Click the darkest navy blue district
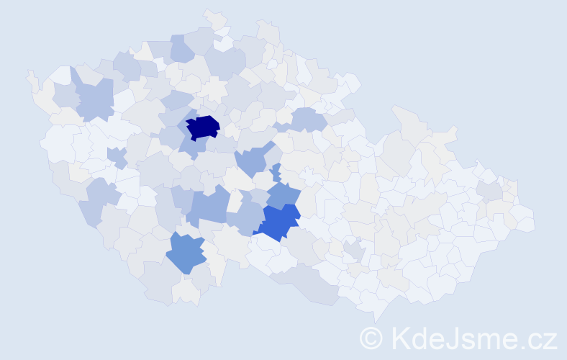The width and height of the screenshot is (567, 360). click(202, 126)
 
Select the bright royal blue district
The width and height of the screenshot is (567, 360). click(279, 220)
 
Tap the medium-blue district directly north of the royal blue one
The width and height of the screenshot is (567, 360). click(283, 194)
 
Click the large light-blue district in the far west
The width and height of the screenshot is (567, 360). click(93, 100)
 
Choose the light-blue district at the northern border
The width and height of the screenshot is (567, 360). click(182, 48)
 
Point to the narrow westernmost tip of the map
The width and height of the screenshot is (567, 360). click(30, 74)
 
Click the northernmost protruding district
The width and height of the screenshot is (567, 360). click(212, 15)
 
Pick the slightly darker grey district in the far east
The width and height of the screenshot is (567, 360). click(491, 190)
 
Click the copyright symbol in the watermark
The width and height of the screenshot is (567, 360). click(371, 338)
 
